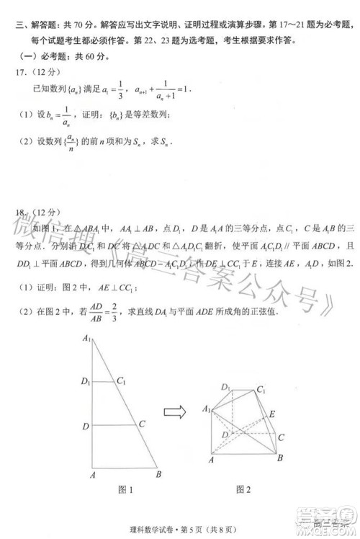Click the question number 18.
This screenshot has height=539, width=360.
tap(19, 211)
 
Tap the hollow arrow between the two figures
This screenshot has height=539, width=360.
tap(174, 412)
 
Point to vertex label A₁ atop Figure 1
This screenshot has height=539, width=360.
tap(87, 338)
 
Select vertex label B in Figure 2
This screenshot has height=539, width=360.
tap(279, 458)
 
